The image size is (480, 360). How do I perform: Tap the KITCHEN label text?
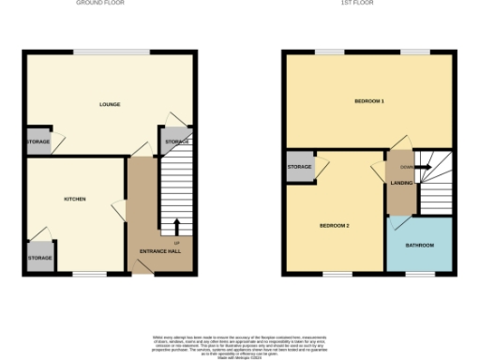[x=75, y=200]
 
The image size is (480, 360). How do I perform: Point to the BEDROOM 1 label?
[x=368, y=100]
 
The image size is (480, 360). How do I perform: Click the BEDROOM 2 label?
[x=334, y=226]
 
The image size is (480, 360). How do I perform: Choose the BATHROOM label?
[x=419, y=246]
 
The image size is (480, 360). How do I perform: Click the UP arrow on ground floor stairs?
[x=176, y=226]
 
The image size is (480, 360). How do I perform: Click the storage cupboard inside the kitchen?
[x=40, y=258]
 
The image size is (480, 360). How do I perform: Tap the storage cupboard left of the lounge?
[x=38, y=142]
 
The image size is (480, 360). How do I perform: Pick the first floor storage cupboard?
[x=300, y=167]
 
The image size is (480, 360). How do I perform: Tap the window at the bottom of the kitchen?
[x=90, y=274]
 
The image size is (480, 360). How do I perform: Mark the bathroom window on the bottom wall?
[x=419, y=274]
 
